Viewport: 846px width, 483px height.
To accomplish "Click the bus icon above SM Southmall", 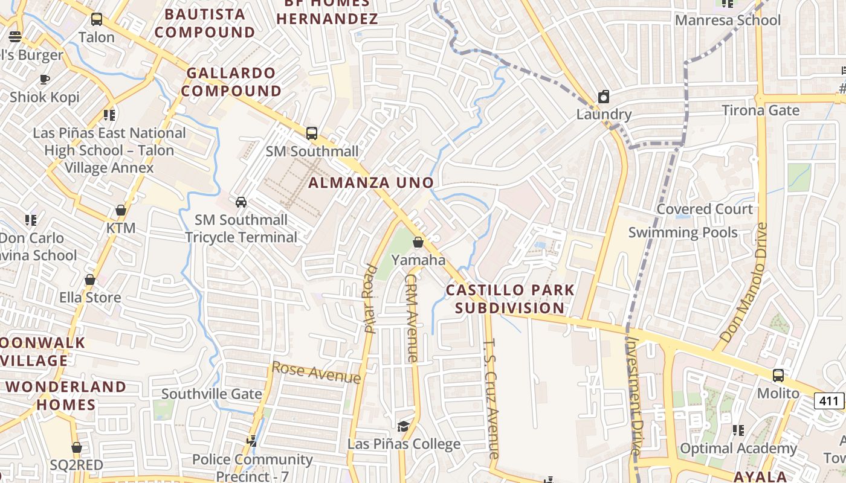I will coord(312,133).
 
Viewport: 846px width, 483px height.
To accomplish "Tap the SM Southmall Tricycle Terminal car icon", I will coord(241,202).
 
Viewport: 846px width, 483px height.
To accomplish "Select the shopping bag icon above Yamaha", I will coord(418,242).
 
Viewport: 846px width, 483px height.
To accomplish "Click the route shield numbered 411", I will coord(829,400).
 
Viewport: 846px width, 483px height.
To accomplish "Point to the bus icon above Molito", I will coord(778,375).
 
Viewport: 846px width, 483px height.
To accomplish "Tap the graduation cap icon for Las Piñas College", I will coord(403,426).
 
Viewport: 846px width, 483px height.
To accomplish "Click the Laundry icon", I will coord(603,97).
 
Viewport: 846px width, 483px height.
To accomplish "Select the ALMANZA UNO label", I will coord(371,182).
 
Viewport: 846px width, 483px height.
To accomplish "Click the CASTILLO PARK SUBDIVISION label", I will coord(510,299).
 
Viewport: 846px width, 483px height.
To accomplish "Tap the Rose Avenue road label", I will coord(316,373).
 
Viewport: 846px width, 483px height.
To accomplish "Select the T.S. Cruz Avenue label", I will coord(492,398).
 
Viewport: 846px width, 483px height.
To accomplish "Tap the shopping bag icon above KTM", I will coord(121,211).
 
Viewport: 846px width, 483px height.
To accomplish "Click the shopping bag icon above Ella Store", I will coord(90,280).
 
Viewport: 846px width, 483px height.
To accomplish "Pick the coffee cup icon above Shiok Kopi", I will coord(44,79).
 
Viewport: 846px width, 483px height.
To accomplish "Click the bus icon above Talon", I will coord(97,19).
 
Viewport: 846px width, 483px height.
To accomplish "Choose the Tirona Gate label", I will coord(761,110).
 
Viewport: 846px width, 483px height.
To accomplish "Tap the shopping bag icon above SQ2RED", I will coord(77,447).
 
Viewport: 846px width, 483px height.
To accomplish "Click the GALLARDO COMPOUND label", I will coord(232,82).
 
